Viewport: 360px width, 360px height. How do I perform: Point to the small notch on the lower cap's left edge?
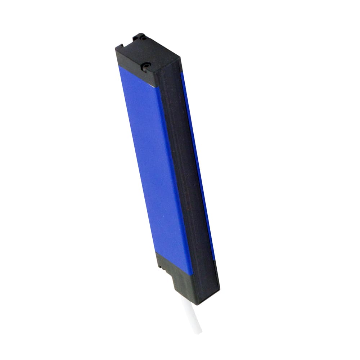point(159,267)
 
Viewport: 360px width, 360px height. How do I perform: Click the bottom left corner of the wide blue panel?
point(157,251)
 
